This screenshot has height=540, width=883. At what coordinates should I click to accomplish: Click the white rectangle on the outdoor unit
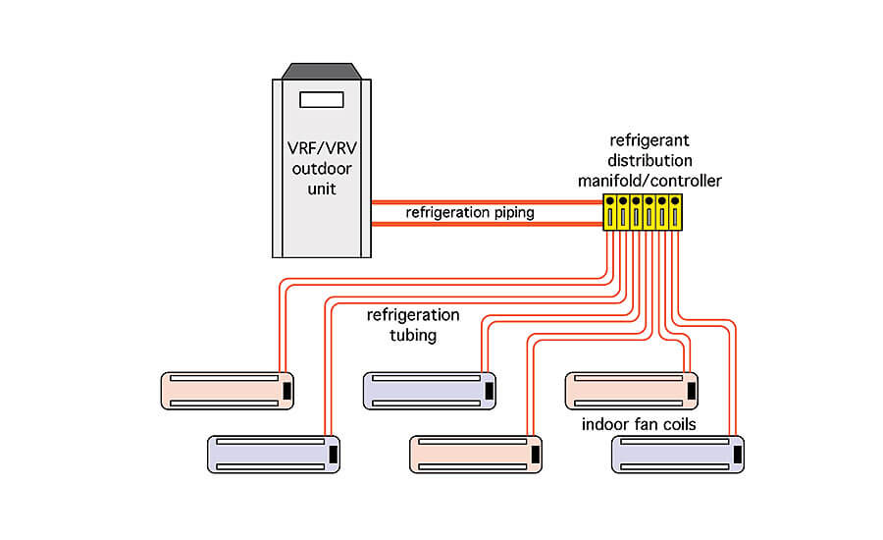tap(322, 100)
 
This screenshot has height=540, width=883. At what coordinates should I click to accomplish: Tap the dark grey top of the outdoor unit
tap(322, 71)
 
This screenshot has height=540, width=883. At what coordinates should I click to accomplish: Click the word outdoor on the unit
tap(322, 169)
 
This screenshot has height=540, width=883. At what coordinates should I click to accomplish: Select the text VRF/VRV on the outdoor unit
tap(322, 148)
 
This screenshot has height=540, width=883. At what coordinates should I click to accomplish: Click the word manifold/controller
tap(649, 181)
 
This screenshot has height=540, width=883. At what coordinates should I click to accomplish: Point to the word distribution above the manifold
tap(649, 161)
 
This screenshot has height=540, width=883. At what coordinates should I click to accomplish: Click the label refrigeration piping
tap(470, 212)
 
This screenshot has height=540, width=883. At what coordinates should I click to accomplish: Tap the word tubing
tap(413, 336)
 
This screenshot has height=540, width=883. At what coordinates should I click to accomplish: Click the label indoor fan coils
tap(639, 424)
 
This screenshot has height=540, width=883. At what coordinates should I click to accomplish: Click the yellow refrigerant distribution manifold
tap(643, 212)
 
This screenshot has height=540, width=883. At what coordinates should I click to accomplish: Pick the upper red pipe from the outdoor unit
tap(487, 202)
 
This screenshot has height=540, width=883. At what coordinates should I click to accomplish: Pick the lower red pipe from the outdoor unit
tap(487, 224)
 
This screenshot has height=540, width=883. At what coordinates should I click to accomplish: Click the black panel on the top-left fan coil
tap(286, 391)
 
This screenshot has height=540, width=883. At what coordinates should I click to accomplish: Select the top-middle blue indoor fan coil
tap(430, 391)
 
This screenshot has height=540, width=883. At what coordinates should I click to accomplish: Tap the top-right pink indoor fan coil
tap(632, 391)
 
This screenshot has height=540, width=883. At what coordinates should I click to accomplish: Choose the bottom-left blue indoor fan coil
tap(274, 455)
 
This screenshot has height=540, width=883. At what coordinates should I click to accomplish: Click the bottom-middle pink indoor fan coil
tap(476, 455)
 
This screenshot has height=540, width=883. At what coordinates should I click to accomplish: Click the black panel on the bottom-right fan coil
tap(737, 455)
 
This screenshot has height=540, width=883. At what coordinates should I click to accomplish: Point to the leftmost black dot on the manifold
tap(610, 200)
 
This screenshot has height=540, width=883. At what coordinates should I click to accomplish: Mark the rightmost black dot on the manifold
tap(675, 200)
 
